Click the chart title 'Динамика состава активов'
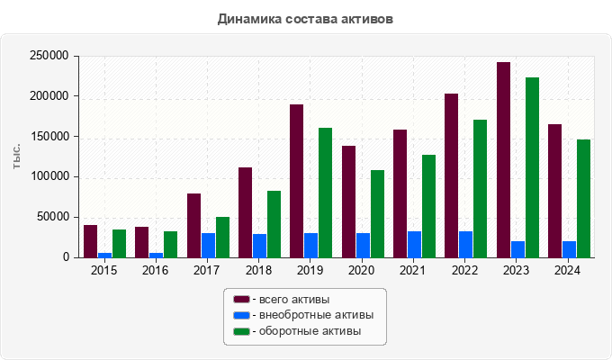pos(306,18)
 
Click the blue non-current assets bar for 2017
pos(208,246)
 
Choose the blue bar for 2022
pos(466,245)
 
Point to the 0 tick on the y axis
pos(66,257)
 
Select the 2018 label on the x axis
pos(258,270)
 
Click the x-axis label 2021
pos(413,270)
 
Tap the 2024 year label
pos(568,270)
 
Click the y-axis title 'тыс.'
pos(18,156)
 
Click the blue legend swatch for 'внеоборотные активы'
pos(241,315)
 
